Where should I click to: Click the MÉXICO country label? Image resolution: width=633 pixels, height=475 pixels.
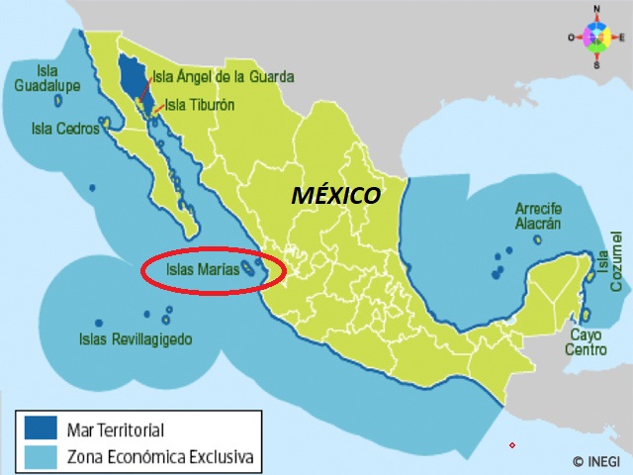tap(335, 195)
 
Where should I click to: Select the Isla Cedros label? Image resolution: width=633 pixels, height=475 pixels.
tap(64, 128)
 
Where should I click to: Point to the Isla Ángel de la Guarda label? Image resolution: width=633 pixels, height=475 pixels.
tap(223, 77)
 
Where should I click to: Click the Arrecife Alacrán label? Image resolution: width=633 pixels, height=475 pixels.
tap(539, 216)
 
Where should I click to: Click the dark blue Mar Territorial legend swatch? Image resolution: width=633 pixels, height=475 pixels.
tap(39, 428)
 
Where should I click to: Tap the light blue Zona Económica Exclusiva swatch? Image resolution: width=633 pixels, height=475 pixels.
tap(39, 456)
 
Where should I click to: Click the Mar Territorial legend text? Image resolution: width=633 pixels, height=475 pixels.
tap(115, 429)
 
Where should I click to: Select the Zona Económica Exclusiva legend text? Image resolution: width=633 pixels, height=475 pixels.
tap(159, 457)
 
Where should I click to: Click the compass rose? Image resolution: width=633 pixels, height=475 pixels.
tap(597, 38)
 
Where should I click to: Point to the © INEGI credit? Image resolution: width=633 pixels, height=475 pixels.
tap(595, 461)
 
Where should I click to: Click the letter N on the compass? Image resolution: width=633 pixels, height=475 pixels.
tap(597, 9)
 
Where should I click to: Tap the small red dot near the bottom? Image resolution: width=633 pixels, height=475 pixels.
tap(511, 445)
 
